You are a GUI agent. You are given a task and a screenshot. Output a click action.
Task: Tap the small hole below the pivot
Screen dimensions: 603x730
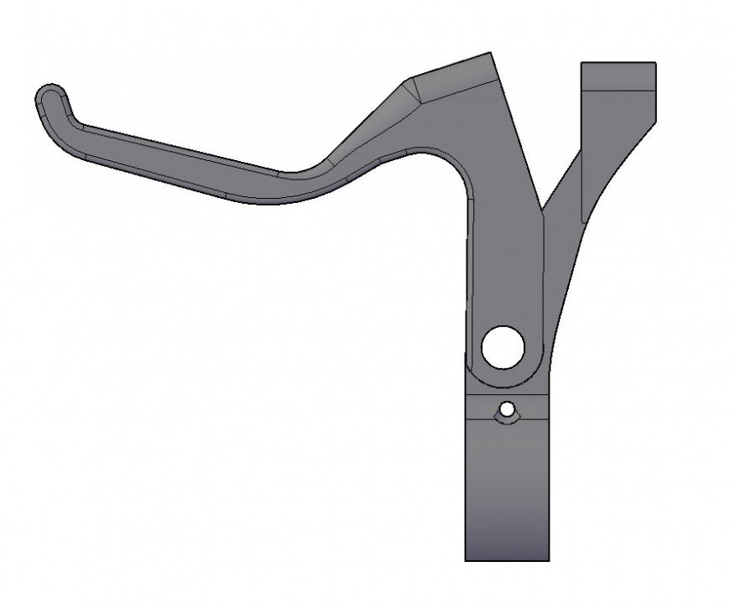click(x=507, y=411)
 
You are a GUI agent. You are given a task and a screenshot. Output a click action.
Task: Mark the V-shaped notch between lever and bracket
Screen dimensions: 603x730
click(x=543, y=210)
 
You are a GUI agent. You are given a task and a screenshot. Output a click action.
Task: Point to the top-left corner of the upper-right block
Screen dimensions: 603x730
click(x=581, y=63)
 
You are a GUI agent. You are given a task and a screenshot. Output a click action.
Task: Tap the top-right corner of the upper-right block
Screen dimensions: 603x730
click(x=655, y=63)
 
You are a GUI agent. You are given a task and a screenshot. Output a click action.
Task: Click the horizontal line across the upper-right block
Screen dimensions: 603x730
click(x=618, y=90)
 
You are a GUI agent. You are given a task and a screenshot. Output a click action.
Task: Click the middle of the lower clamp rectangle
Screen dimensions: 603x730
click(x=507, y=486)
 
